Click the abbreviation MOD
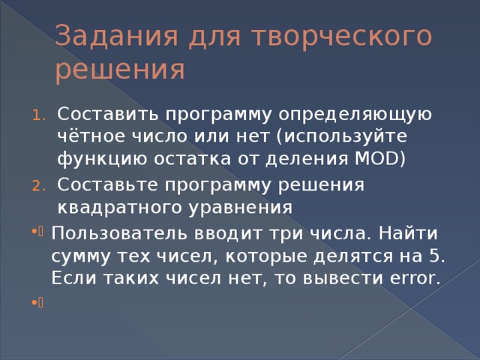[370, 159]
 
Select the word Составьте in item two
[109, 184]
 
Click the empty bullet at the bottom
[35, 305]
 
